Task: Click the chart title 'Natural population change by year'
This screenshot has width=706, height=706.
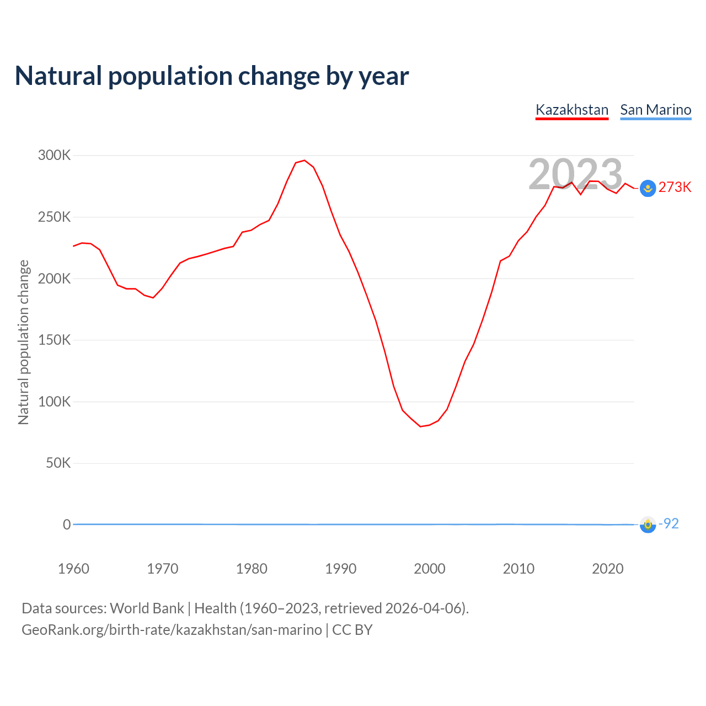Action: click(x=212, y=76)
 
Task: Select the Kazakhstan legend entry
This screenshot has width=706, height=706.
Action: click(x=572, y=110)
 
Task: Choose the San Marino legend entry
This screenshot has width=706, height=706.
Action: click(x=655, y=110)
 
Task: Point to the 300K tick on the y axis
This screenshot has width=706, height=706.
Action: click(x=54, y=156)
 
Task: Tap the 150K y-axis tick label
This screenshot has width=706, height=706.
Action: click(x=54, y=340)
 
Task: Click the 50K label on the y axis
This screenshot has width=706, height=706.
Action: click(x=58, y=463)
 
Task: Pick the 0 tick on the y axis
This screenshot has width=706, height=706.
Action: click(x=67, y=525)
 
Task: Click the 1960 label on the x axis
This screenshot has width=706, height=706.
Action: click(x=73, y=569)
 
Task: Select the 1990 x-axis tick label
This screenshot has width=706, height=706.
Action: click(x=340, y=569)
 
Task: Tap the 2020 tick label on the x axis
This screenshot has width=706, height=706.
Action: click(x=607, y=569)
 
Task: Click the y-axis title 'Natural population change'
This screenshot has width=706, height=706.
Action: click(x=23, y=342)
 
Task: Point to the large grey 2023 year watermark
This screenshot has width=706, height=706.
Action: click(x=575, y=174)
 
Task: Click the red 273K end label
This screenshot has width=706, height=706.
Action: click(x=675, y=188)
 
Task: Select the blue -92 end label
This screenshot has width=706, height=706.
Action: click(x=669, y=523)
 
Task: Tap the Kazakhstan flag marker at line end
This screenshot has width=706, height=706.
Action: click(x=648, y=189)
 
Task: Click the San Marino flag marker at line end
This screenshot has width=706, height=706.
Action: click(x=648, y=525)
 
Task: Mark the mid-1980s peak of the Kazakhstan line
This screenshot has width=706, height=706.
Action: click(x=304, y=161)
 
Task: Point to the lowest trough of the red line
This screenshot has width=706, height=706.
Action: click(x=420, y=426)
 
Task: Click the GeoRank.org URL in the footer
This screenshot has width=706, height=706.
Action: click(x=172, y=630)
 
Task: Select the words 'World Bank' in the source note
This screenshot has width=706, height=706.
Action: click(x=147, y=608)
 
